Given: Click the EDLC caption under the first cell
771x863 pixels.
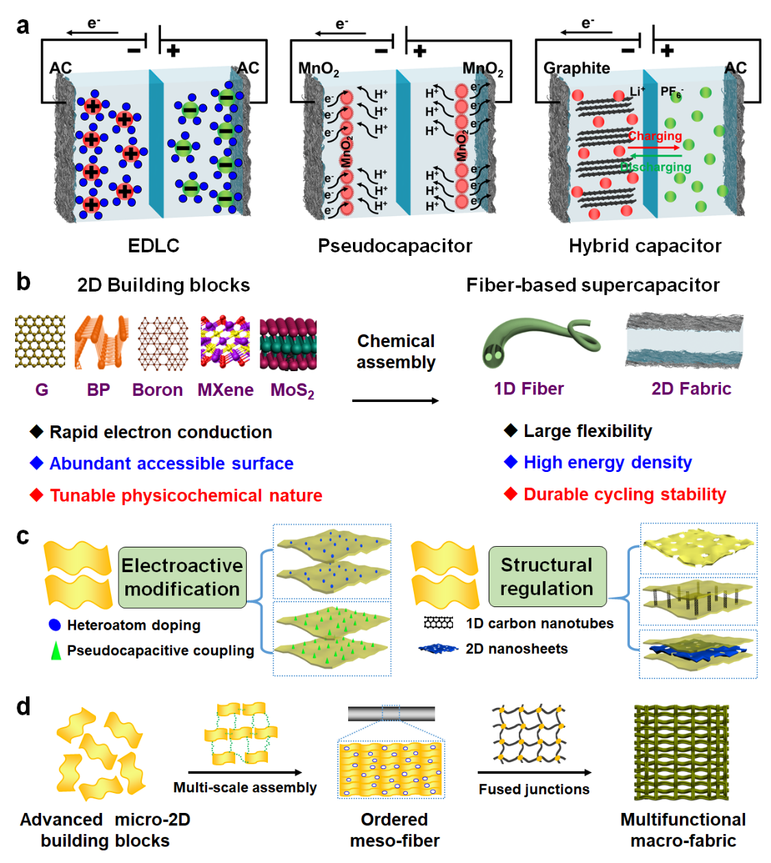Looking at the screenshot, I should pos(154,246).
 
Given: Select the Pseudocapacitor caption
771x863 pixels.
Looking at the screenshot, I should pos(395,246).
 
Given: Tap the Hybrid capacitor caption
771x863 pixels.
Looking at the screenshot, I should pos(645,246).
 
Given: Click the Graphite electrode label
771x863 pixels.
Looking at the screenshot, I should pos(576,68).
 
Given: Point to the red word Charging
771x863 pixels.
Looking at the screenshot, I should pos(655,136).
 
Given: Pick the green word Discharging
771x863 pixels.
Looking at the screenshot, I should pos(656,167).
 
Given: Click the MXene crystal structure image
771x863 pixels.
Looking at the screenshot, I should pos(225,342).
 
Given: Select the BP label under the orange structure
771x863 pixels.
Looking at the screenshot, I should pos(98,390).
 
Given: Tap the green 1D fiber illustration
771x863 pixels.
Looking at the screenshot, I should pos(535,340).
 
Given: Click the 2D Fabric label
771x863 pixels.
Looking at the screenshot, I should pos(691,389).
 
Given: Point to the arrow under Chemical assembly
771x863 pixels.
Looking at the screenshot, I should pos(395,401).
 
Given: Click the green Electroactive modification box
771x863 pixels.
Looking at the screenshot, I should pos(182,577).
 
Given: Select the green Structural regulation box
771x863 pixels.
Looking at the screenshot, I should pos(547,576).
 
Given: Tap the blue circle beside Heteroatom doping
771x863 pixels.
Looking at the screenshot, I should pos(55,625).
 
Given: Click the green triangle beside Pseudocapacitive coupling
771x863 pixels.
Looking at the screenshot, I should pos(56,650).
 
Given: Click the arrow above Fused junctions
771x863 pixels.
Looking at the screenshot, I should pos(535,772).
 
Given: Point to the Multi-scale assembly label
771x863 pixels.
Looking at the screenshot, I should pos(245,788).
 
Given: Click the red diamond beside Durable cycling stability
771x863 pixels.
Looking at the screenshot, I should pos(510,494).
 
